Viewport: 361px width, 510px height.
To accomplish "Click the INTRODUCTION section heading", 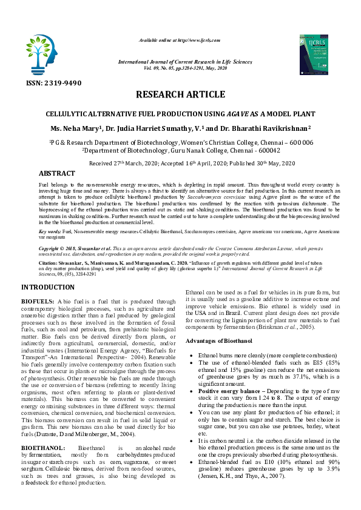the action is [x=48, y=286].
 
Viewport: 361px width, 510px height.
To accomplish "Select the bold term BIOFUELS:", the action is [x=38, y=300].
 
